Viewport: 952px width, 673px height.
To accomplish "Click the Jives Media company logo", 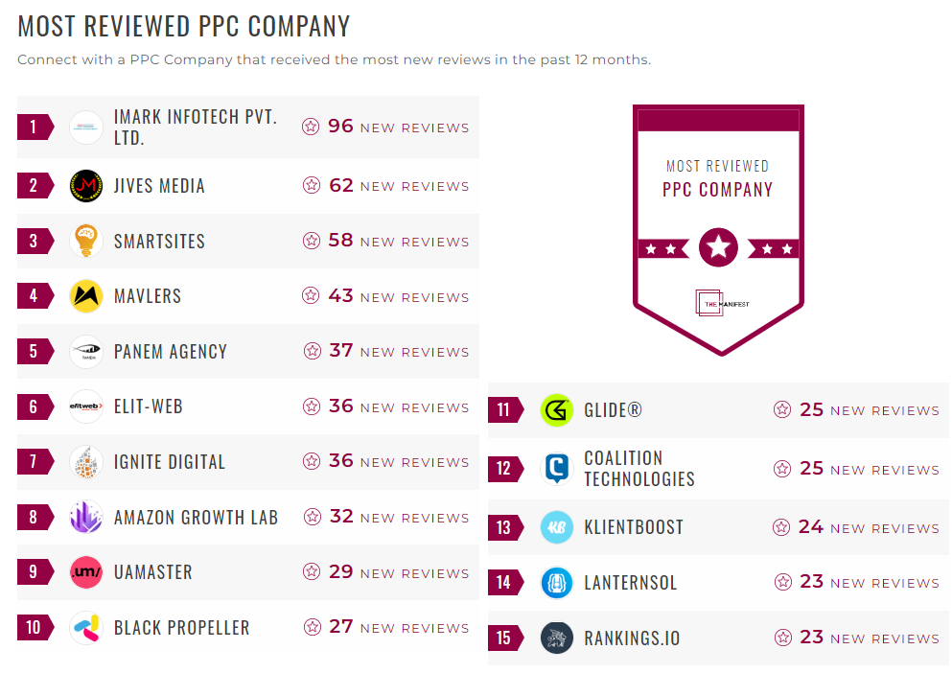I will tap(86, 186).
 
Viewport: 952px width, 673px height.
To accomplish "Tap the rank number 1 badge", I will tap(34, 127).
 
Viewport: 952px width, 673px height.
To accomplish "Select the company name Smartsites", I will tap(159, 242).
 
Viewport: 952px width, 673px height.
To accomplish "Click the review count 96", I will tap(340, 127).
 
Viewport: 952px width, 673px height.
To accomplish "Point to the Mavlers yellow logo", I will tap(86, 296).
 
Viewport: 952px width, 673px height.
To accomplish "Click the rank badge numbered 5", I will tap(34, 351).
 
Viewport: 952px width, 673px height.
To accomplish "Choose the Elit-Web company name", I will tap(148, 406).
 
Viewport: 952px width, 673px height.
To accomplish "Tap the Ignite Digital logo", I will tap(86, 462).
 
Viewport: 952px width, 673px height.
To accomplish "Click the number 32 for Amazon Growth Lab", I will tap(341, 517).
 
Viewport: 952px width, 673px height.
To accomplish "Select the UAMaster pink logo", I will tap(86, 572).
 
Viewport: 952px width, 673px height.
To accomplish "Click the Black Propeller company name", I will tap(181, 628).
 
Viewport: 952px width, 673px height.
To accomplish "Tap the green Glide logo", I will tap(557, 410).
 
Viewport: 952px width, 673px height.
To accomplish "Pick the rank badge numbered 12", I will tap(504, 469).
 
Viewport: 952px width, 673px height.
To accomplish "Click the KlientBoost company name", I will tap(634, 527).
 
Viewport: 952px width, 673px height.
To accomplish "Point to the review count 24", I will tap(811, 527).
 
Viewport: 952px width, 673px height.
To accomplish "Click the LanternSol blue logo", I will tap(557, 582).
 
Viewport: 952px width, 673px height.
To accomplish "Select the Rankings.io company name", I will tap(632, 638).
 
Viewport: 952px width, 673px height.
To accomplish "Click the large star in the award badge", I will tap(718, 248).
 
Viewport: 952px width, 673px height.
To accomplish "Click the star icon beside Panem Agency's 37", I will tap(313, 351).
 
